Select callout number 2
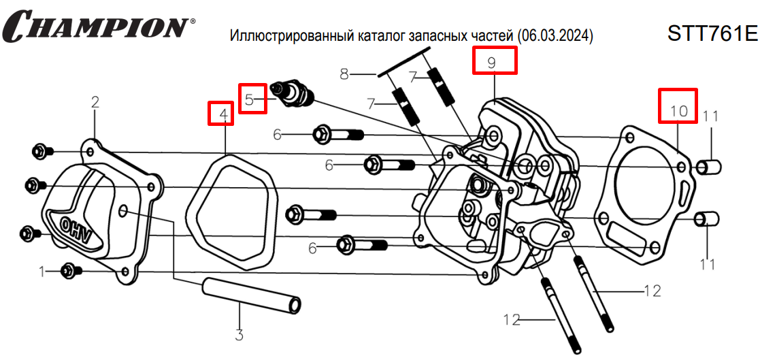pyautogui.click(x=95, y=103)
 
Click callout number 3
pyautogui.click(x=239, y=334)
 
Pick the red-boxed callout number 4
pyautogui.click(x=222, y=114)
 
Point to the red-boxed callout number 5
pyautogui.click(x=250, y=99)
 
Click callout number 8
pyautogui.click(x=344, y=73)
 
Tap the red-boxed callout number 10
pyautogui.click(x=678, y=109)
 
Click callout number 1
pyautogui.click(x=42, y=272)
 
